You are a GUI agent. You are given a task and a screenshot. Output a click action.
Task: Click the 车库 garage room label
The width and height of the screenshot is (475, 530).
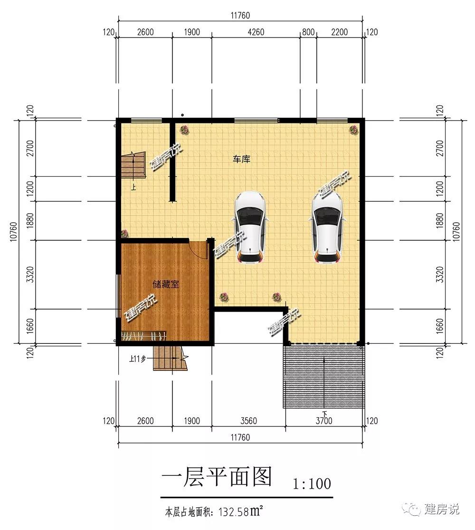tap(241, 159)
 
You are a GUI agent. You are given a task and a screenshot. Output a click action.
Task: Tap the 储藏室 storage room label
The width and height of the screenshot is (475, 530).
tap(166, 284)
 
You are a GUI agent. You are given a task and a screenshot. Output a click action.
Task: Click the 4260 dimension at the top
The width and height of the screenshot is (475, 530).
tap(256, 32)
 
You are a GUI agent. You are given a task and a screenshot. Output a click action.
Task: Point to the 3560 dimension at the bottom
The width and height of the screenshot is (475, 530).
tap(248, 421)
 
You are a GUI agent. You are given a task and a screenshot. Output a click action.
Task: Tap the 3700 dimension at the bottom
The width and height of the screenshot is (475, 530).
tap(324, 421)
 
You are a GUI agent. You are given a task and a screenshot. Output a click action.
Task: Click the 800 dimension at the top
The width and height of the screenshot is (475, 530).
tap(308, 32)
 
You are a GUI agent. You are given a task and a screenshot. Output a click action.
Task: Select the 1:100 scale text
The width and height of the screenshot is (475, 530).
tap(312, 483)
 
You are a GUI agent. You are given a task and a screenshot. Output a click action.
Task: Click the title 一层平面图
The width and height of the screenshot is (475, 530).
tap(217, 477)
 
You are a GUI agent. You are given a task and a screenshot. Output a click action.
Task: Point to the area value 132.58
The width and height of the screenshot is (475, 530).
tap(234, 512)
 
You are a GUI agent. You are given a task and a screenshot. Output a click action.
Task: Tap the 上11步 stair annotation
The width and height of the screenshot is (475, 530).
tap(137, 359)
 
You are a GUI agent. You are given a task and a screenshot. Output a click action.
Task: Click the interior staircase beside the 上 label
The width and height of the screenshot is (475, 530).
tap(133, 165)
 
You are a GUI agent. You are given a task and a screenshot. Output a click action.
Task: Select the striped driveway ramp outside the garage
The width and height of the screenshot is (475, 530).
tap(324, 376)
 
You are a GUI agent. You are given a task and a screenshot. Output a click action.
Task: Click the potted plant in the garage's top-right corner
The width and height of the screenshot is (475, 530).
tap(353, 130)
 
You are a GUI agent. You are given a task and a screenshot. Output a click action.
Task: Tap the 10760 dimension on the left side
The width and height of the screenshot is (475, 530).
tap(13, 232)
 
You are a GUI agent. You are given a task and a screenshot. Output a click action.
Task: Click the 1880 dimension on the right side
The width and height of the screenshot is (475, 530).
tap(439, 220)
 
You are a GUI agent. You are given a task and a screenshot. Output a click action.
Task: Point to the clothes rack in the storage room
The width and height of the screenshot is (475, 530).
tap(143, 336)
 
